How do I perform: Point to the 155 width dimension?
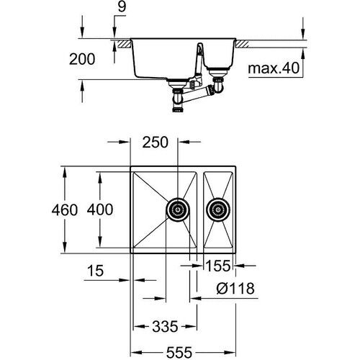pyautogui.click(x=217, y=266)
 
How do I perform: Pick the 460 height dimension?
pyautogui.click(x=44, y=211)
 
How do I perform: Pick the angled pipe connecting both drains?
pyautogui.click(x=197, y=92)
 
